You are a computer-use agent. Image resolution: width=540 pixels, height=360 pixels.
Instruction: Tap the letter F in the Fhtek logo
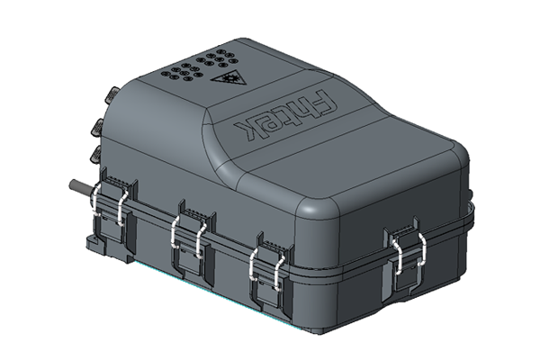(322, 102)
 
